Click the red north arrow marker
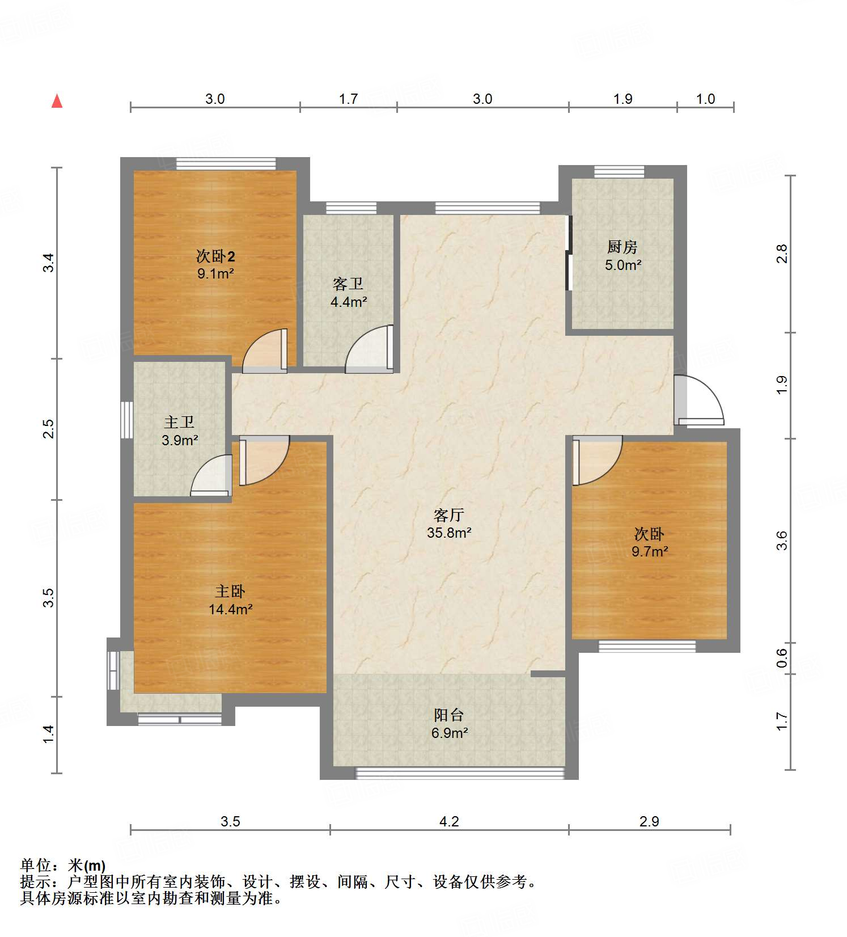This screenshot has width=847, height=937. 57,101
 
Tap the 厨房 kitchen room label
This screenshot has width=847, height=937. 622,247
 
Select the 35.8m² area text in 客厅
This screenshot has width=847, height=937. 449,533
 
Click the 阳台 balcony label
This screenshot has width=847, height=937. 449,715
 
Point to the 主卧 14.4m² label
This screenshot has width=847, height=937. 230,601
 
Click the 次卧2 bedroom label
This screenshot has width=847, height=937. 215,256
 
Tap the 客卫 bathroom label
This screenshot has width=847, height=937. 348,284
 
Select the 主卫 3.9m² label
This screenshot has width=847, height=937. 179,431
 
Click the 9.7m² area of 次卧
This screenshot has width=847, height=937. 650,551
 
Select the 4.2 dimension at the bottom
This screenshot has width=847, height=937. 449,821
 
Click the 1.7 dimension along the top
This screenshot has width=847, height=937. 348,99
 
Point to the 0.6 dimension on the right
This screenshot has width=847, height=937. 782,658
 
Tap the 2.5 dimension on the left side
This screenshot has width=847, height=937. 49,428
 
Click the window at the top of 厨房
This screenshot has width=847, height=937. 619,172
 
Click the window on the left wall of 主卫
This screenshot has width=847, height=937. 127,420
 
